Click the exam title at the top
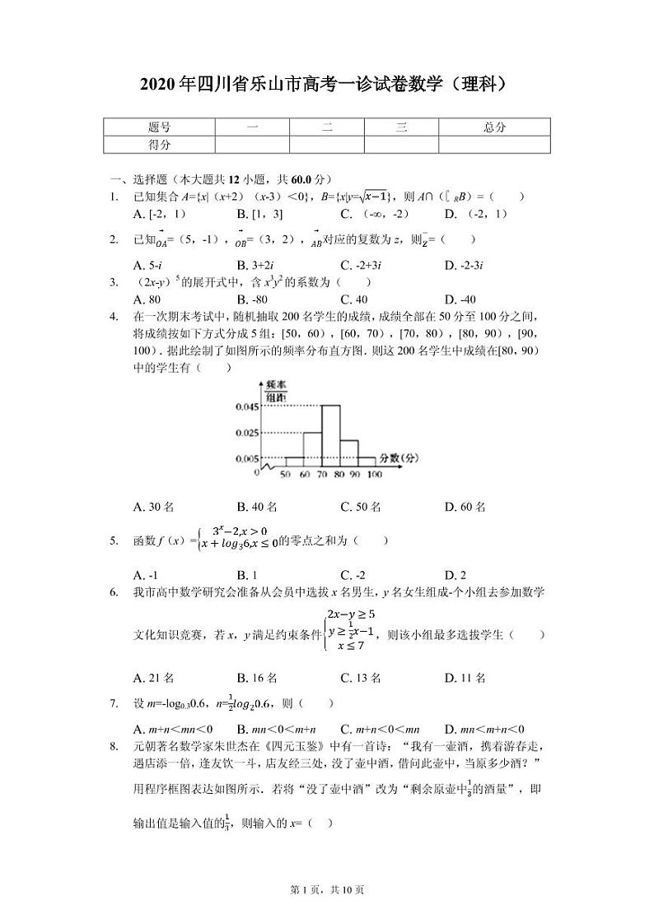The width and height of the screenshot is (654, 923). pyautogui.click(x=327, y=83)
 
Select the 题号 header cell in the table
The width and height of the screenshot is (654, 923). pyautogui.click(x=159, y=128)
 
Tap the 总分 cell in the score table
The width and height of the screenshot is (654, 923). pyautogui.click(x=494, y=128)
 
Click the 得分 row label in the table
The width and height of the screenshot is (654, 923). pyautogui.click(x=159, y=144)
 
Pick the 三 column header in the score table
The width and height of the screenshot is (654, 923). pyautogui.click(x=401, y=128)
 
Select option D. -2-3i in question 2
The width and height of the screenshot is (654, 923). pyautogui.click(x=463, y=265)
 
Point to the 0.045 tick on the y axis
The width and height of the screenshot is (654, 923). pyautogui.click(x=247, y=406)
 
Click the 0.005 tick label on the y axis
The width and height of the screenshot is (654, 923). pyautogui.click(x=247, y=458)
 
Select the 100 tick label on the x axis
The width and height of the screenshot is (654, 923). pyautogui.click(x=374, y=475)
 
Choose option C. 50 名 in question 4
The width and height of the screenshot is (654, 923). pyautogui.click(x=361, y=507)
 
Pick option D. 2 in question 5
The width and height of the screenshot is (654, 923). pyautogui.click(x=455, y=574)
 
